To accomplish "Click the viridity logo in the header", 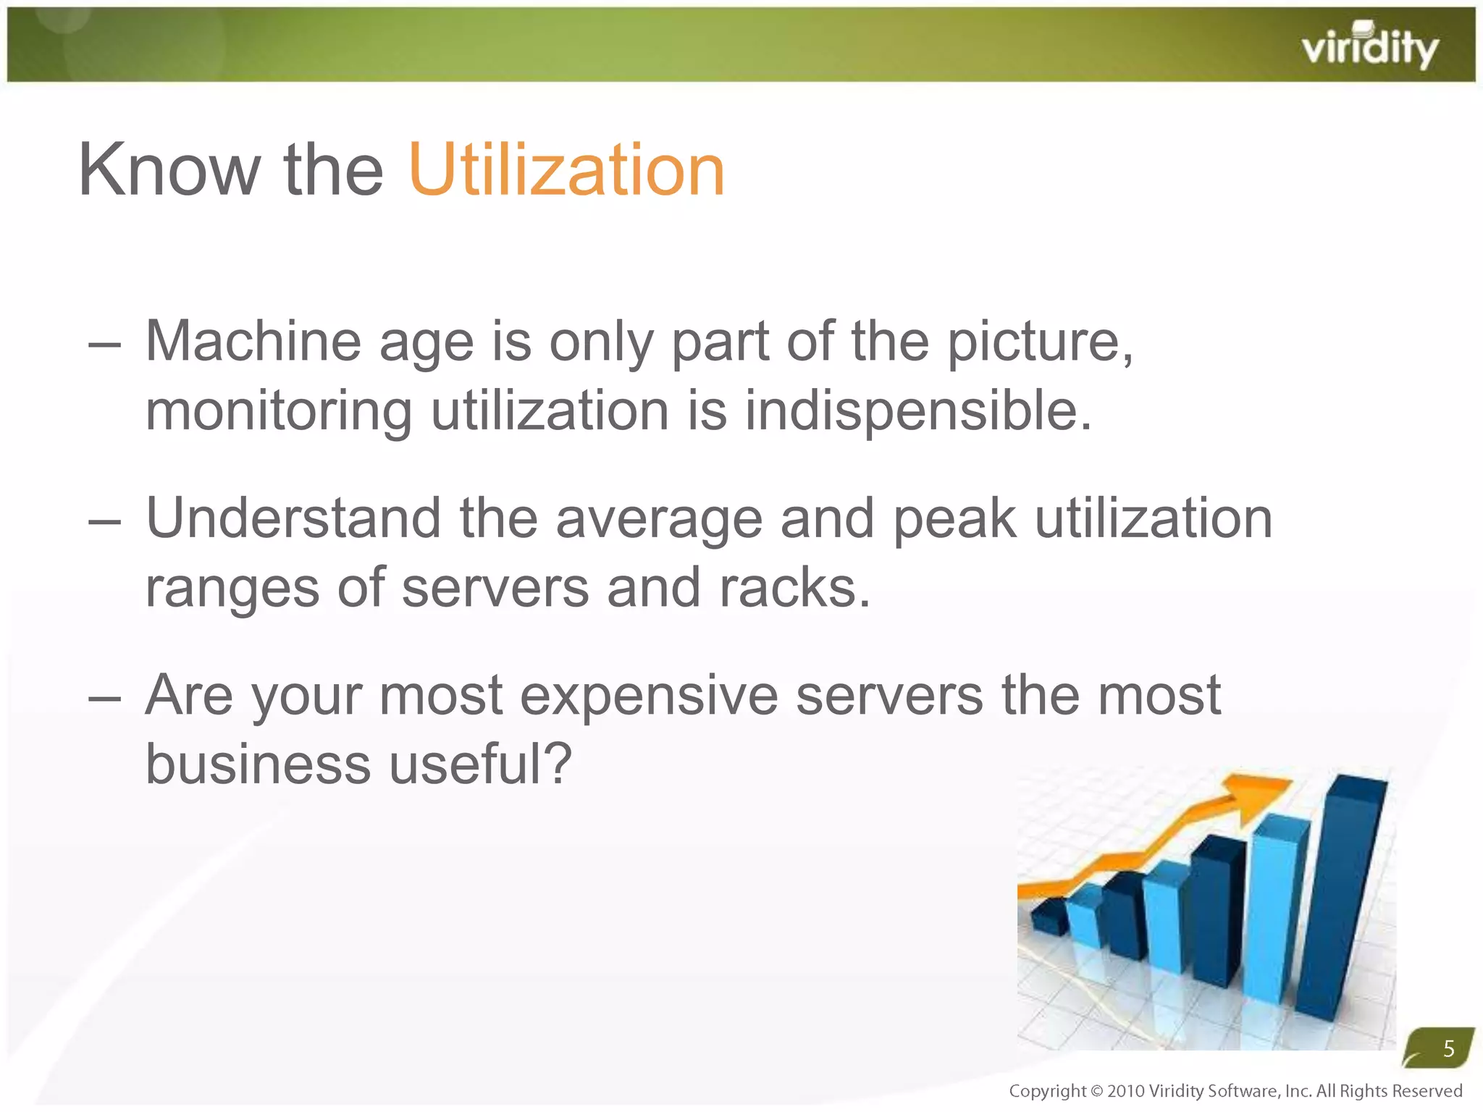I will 1369,47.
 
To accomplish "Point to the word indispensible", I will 917,410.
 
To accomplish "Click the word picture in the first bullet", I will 1040,342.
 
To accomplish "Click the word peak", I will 954,520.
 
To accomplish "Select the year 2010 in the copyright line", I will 1126,1091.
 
